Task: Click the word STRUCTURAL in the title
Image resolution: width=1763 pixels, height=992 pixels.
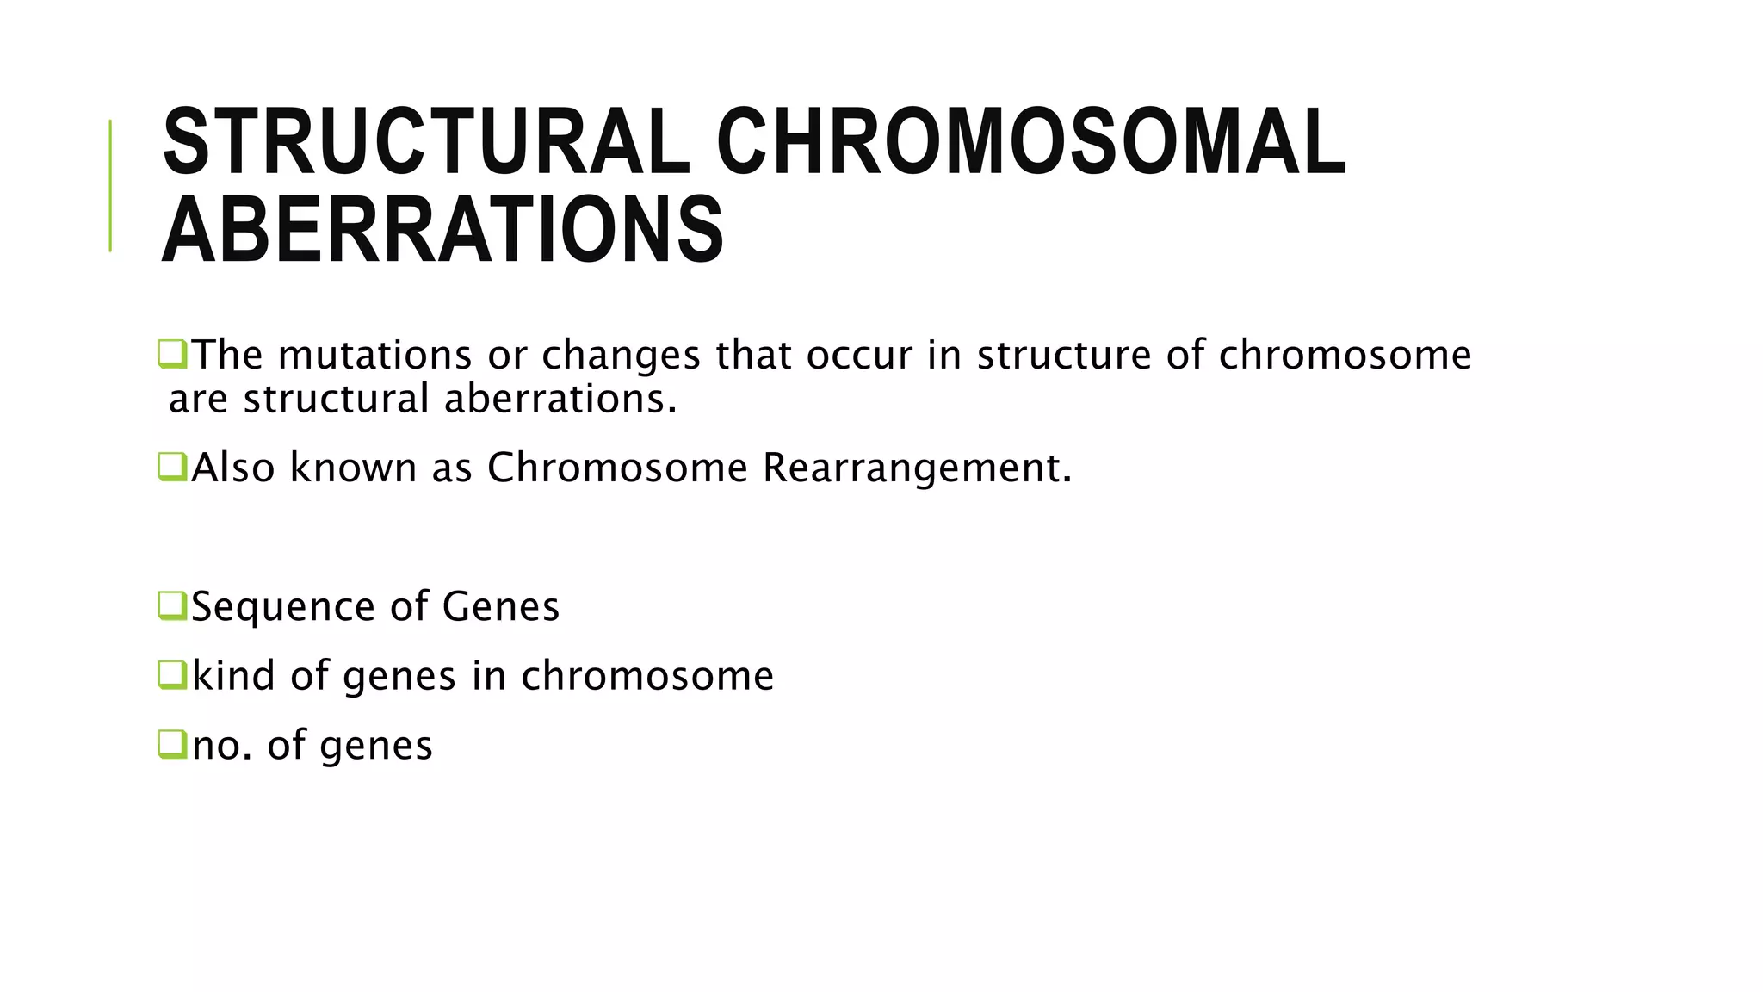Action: (x=426, y=141)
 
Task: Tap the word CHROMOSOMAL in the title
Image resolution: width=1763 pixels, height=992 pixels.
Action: (x=1030, y=141)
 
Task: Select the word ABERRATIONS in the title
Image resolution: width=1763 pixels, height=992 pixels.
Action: (x=442, y=230)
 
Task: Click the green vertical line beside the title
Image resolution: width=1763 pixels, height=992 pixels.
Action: (x=110, y=185)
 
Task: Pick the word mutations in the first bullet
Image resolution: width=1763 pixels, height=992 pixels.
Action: (x=375, y=355)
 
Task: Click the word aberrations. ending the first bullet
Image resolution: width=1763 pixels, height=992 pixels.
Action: (x=560, y=399)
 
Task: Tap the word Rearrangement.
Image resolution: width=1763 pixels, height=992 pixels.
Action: (x=918, y=468)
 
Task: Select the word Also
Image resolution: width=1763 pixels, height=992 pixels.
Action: (x=233, y=468)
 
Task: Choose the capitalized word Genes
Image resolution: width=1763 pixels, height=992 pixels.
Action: (x=500, y=606)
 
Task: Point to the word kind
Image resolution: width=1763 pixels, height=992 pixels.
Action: (x=234, y=675)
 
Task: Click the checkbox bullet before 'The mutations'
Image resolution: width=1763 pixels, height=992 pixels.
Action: (x=172, y=354)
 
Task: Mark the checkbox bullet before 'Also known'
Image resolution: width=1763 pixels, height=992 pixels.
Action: (x=172, y=467)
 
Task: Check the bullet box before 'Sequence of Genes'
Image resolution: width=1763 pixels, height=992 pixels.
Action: (x=172, y=605)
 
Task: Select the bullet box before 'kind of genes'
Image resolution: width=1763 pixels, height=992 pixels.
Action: (x=172, y=674)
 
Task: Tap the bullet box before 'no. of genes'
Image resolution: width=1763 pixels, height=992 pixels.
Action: (x=172, y=744)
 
